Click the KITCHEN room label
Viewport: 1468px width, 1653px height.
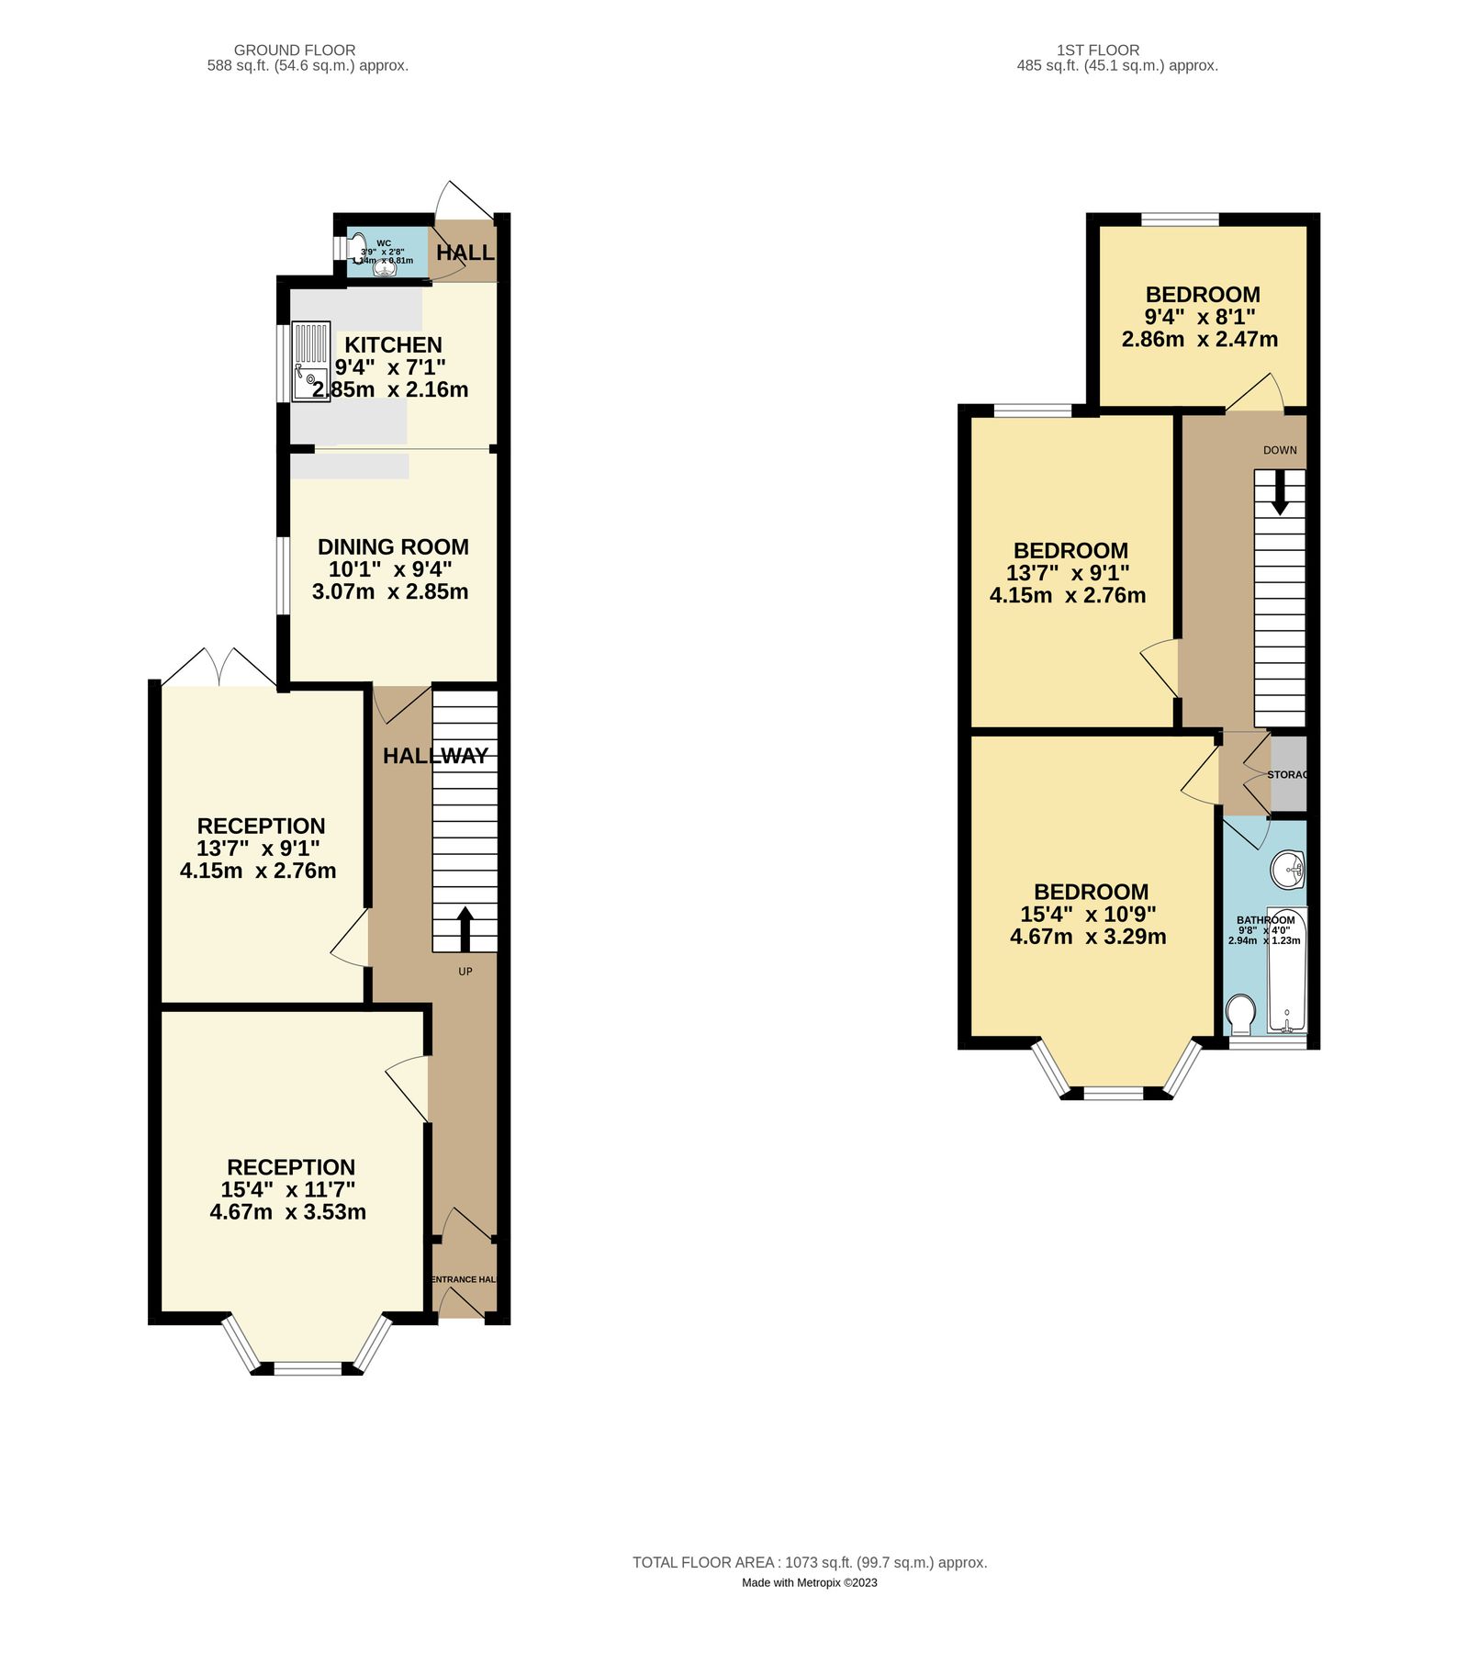pos(393,344)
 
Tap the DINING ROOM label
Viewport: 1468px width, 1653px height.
pos(393,546)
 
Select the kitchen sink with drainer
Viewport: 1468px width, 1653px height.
pos(310,361)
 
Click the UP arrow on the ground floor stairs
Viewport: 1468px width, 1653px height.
pos(465,928)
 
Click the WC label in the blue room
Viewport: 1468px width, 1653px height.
pos(384,243)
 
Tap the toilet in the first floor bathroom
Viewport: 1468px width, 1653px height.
pos(1241,1014)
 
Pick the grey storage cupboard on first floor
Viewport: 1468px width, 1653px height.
pos(1288,773)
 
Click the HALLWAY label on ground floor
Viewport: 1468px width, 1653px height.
pos(435,756)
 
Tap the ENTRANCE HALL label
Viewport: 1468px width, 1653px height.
pos(464,1279)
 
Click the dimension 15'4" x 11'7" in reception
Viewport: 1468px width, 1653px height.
pos(287,1189)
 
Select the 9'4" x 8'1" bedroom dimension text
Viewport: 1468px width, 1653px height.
pos(1200,317)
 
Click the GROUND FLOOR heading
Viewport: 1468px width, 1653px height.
pos(295,50)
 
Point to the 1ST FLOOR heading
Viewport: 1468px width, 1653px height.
pos(1098,50)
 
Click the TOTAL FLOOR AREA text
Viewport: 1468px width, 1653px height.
pos(810,1562)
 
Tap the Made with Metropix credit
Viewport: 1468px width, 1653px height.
pos(810,1582)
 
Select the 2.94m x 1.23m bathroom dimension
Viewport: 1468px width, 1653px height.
pos(1264,940)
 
